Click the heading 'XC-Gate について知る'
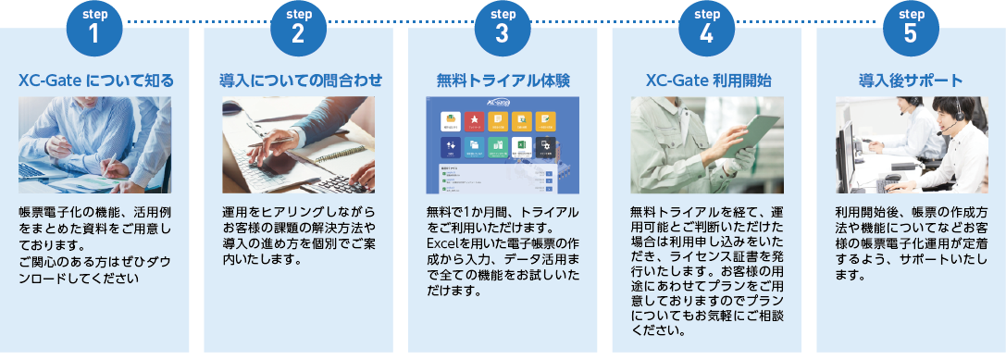(x=95, y=81)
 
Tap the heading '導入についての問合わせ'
(x=299, y=81)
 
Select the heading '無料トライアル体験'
(x=503, y=81)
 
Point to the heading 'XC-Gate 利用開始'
(x=707, y=81)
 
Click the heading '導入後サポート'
(x=911, y=81)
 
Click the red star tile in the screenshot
(x=474, y=119)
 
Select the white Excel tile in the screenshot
(x=522, y=145)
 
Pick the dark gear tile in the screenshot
(x=546, y=145)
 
